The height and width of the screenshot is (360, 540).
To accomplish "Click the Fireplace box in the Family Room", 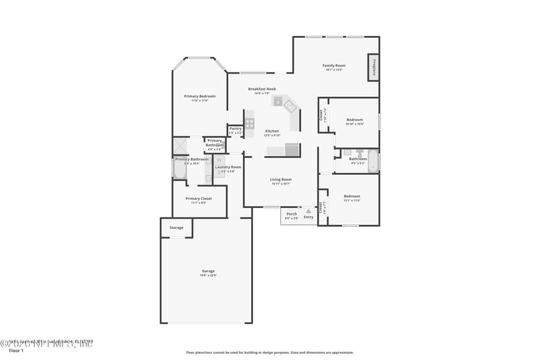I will click(x=373, y=67).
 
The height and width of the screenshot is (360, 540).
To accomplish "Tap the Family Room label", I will click(x=333, y=66).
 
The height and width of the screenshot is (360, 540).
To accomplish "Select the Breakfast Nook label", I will click(x=262, y=88).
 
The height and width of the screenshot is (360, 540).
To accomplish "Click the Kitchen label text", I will click(x=272, y=131).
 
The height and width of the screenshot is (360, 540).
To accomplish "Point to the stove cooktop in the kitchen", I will click(x=249, y=124).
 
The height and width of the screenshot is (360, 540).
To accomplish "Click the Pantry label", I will click(x=235, y=128).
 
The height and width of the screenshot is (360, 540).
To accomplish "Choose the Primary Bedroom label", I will click(x=199, y=97).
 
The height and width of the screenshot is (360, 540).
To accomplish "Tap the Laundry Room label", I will click(x=228, y=167).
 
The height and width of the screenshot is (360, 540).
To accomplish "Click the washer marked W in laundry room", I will click(x=219, y=161).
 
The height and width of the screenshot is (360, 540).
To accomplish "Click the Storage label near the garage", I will click(x=176, y=228).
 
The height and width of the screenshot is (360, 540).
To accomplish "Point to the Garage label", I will click(x=208, y=270).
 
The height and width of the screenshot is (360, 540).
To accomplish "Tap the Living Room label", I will click(x=280, y=179).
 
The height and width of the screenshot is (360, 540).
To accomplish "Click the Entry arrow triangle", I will click(x=308, y=211).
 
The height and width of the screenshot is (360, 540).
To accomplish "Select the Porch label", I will click(x=292, y=214).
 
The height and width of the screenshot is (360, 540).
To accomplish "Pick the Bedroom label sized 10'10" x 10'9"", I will click(x=354, y=120).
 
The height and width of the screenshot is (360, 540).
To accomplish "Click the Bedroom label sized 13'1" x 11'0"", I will click(x=352, y=196).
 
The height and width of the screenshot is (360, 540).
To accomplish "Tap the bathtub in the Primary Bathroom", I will click(x=180, y=168).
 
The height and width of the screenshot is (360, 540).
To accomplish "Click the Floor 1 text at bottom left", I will click(x=16, y=351).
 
